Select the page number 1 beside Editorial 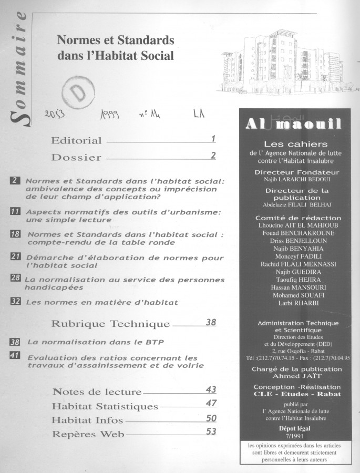tap(213, 139)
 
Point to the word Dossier tap(76, 157)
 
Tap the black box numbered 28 tap(15, 277)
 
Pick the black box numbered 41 tap(15, 355)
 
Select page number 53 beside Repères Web tap(211, 431)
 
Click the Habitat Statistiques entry tap(105, 406)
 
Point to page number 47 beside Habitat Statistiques tap(211, 403)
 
